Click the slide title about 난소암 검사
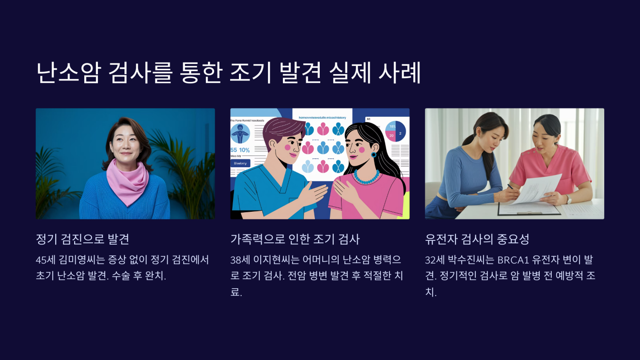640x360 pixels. tap(228, 73)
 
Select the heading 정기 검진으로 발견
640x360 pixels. tap(82, 239)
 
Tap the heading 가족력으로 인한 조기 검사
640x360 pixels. tap(295, 239)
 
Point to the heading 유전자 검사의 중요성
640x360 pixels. tap(477, 239)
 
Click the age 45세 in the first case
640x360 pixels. tap(46, 260)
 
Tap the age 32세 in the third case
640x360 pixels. tap(435, 260)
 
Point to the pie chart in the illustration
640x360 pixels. tap(395, 130)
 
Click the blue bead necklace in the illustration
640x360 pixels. tap(366, 176)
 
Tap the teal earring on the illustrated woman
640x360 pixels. tap(374, 155)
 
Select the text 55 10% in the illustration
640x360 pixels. tap(240, 150)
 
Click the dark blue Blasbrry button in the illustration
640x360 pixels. tap(240, 163)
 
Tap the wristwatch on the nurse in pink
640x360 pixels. tap(569, 199)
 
